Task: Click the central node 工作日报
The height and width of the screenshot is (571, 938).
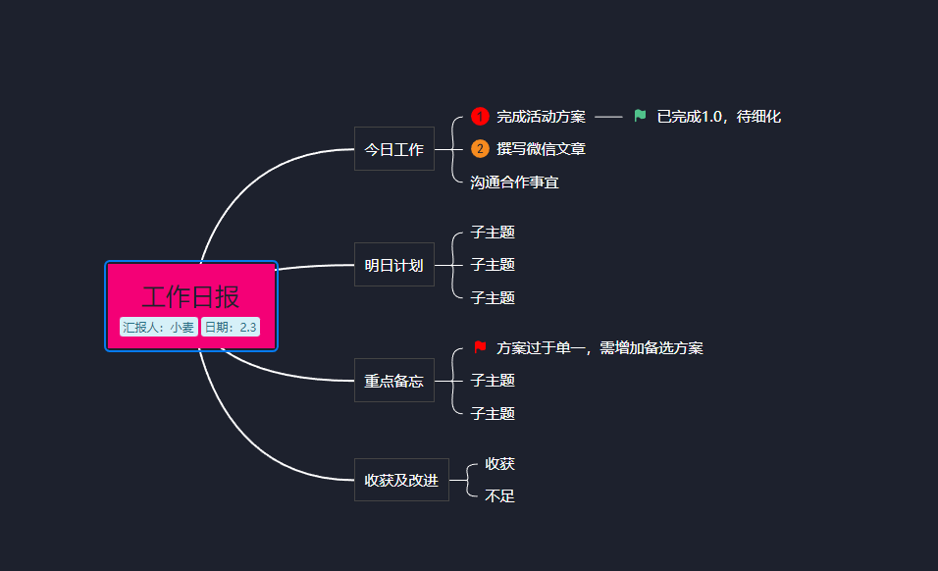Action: coord(191,296)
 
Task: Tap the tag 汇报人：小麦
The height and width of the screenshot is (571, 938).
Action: coord(158,328)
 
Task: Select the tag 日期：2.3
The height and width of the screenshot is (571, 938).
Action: coord(231,328)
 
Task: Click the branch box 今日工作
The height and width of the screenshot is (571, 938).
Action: coord(393,149)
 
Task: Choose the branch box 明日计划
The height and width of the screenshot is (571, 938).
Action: coord(393,265)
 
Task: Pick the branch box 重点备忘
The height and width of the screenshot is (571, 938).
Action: coord(393,381)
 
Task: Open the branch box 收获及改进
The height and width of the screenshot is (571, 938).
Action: coord(400,480)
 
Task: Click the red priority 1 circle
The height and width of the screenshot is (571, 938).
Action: coord(480,117)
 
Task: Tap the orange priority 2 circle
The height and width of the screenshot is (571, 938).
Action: coord(480,149)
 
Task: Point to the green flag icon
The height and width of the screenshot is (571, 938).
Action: coord(640,116)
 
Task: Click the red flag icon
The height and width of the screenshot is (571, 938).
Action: coord(480,347)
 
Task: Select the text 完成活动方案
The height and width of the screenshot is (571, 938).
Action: coord(541,117)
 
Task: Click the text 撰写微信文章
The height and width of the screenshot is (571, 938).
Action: coord(541,149)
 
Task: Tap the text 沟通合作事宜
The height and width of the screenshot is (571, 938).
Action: coord(514,182)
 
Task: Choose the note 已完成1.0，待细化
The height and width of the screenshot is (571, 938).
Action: coord(718,117)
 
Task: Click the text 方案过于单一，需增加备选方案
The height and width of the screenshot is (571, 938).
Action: coord(599,348)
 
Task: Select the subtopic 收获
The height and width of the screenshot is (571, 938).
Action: coord(499,463)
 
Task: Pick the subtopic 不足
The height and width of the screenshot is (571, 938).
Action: coord(499,496)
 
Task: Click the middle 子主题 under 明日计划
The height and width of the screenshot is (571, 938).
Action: coord(493,265)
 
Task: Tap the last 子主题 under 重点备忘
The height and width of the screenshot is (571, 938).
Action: coord(493,414)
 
